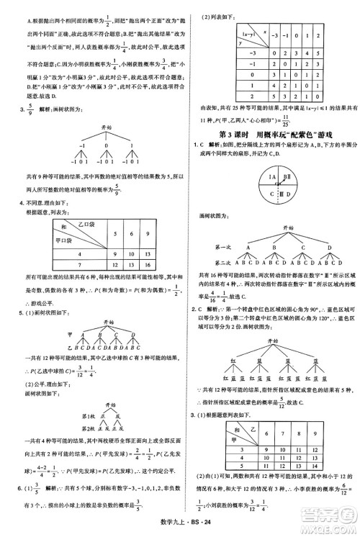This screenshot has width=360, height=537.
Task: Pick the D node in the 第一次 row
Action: (329, 248)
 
